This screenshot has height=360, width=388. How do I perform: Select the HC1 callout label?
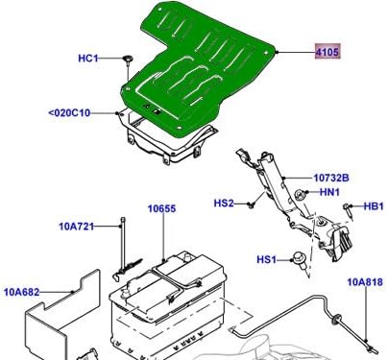pyautogui.click(x=88, y=59)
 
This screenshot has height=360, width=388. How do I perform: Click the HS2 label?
pyautogui.click(x=224, y=203)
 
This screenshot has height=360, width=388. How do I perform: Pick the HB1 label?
pyautogui.click(x=373, y=206)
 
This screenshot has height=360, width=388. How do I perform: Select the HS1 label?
pyautogui.click(x=265, y=259)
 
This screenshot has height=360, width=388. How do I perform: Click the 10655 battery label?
pyautogui.click(x=162, y=208)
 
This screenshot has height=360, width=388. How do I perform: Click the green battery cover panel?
pyautogui.click(x=202, y=67)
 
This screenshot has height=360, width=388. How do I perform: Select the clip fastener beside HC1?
pyautogui.click(x=126, y=60)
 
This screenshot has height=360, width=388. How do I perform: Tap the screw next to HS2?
pyautogui.click(x=249, y=204)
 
